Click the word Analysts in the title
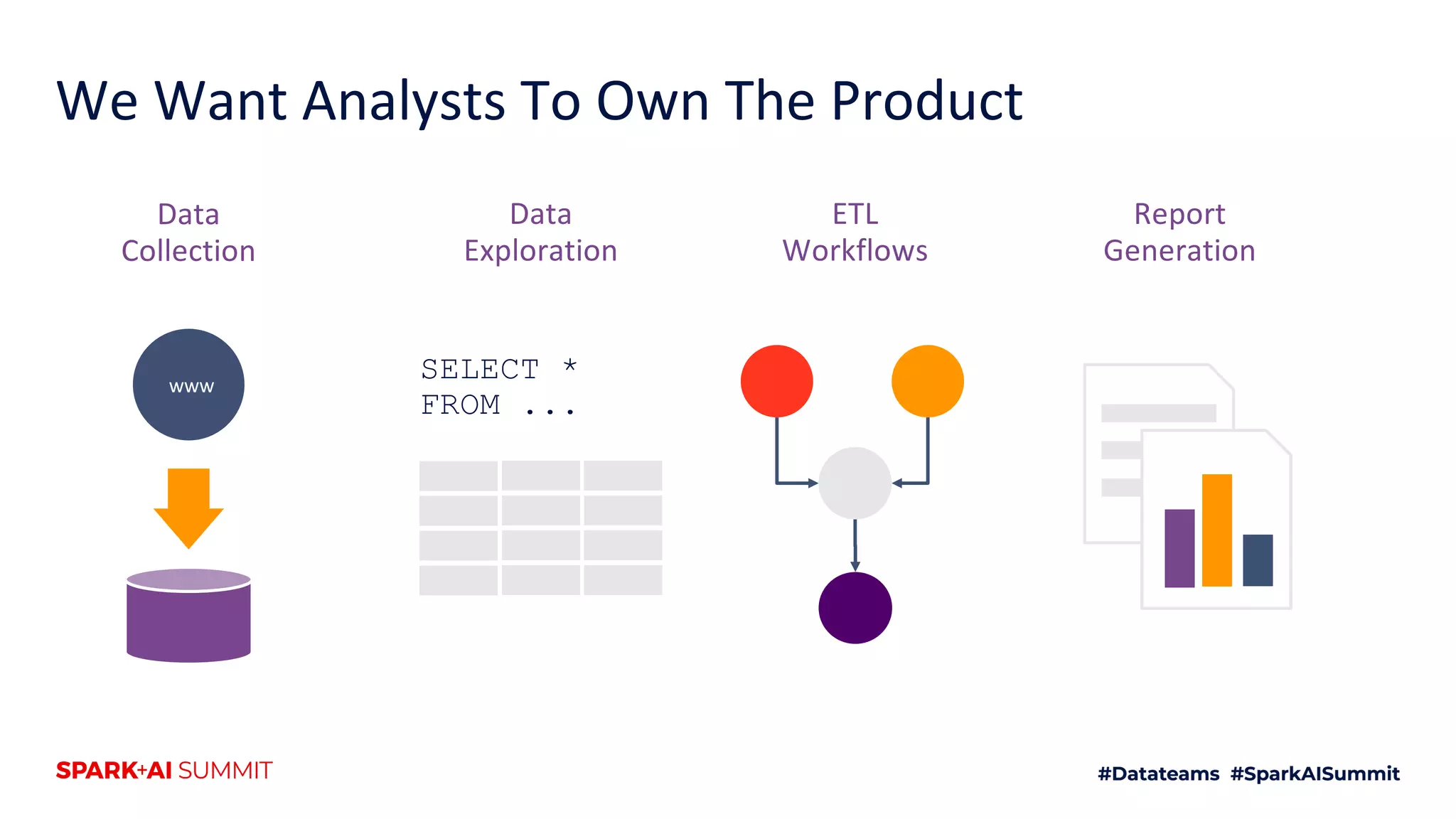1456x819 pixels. tap(403, 102)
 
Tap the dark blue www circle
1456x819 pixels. tap(188, 385)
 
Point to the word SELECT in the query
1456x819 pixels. tap(480, 370)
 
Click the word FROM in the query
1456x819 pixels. tap(461, 405)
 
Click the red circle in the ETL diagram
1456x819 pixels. tap(776, 381)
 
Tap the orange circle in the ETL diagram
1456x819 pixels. tap(927, 381)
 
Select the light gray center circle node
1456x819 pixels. tap(855, 483)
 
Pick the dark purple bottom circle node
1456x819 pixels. tap(855, 608)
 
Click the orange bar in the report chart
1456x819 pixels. tap(1216, 530)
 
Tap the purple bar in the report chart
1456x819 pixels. tap(1179, 548)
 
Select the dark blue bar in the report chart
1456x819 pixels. tap(1258, 560)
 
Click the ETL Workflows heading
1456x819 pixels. tap(855, 232)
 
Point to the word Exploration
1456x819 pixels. tap(540, 251)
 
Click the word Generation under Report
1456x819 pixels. tap(1179, 251)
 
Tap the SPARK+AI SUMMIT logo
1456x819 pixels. tap(164, 771)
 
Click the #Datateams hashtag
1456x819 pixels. tap(1158, 773)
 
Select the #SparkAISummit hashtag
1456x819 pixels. tap(1315, 773)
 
